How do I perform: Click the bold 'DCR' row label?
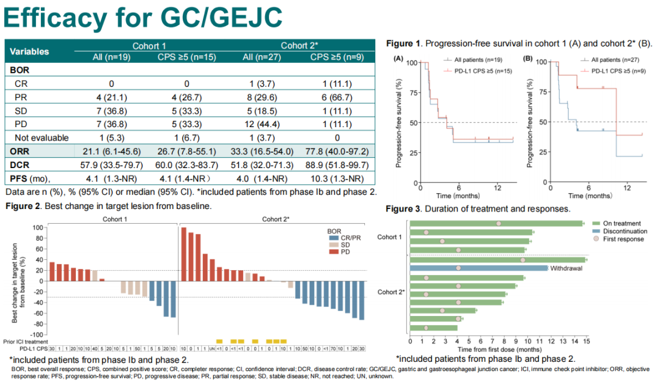click(x=21, y=165)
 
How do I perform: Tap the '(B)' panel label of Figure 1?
click(x=529, y=59)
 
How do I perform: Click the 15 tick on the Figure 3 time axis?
click(x=587, y=341)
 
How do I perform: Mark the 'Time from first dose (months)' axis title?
click(x=498, y=348)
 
